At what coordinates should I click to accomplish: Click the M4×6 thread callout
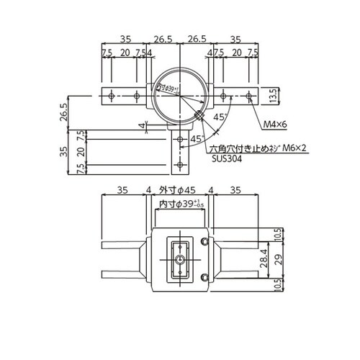(x=274, y=125)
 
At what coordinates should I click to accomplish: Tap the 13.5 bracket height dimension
(x=271, y=95)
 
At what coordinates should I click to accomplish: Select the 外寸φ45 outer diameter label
(x=178, y=191)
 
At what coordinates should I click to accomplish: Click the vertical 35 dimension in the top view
(x=65, y=151)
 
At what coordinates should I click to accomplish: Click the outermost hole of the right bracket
(x=248, y=95)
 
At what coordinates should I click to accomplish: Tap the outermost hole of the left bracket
(x=110, y=95)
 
